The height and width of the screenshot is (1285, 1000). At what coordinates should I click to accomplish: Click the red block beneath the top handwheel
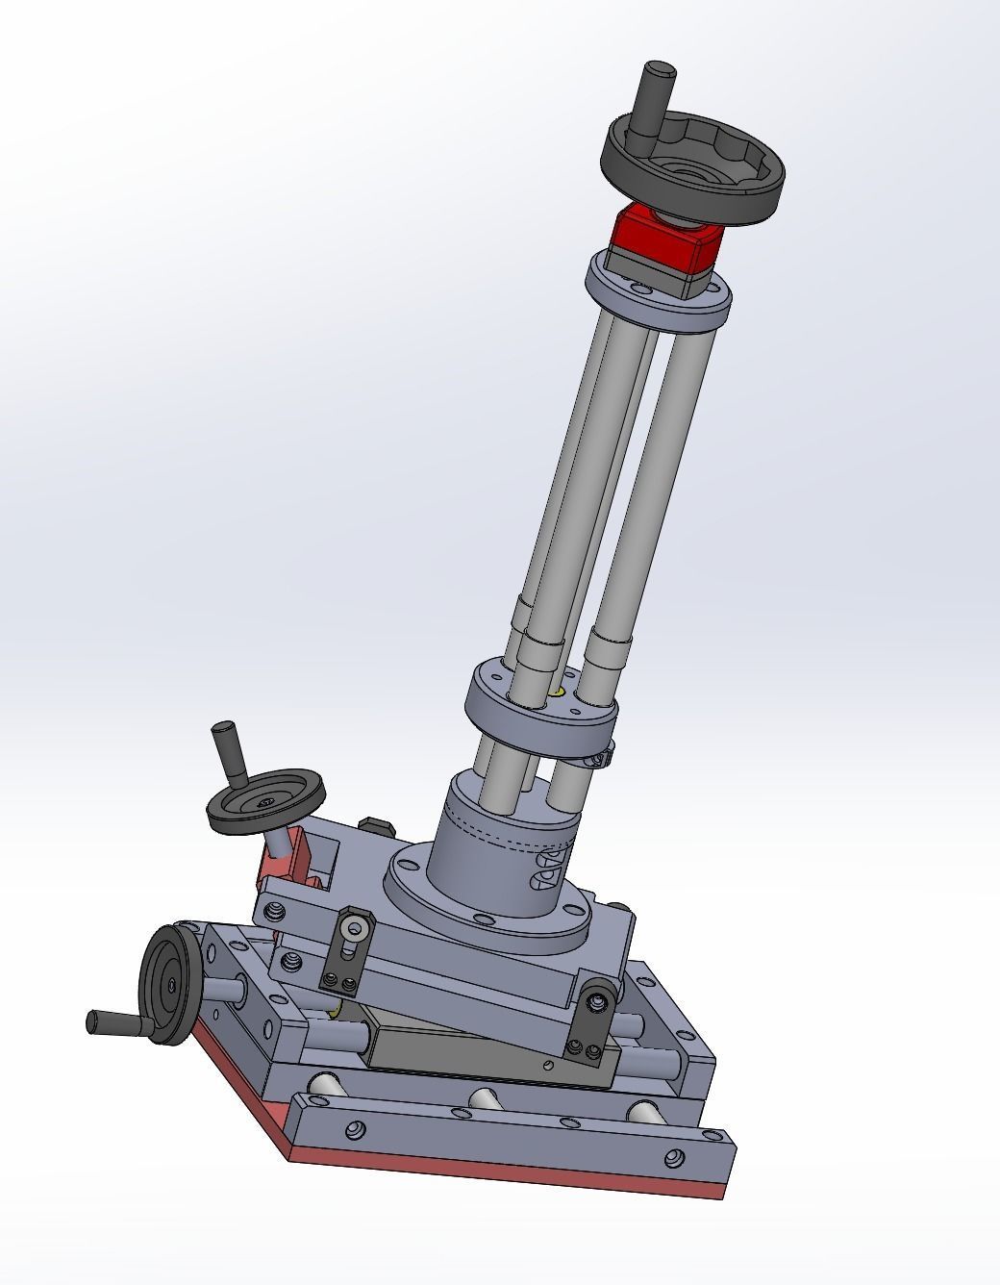pyautogui.click(x=665, y=239)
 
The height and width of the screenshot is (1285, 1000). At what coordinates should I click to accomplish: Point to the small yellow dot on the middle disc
pyautogui.click(x=558, y=690)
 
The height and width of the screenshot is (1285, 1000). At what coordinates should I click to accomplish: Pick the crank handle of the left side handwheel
pyautogui.click(x=115, y=1022)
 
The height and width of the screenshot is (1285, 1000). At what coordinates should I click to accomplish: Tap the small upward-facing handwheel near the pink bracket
pyautogui.click(x=266, y=797)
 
